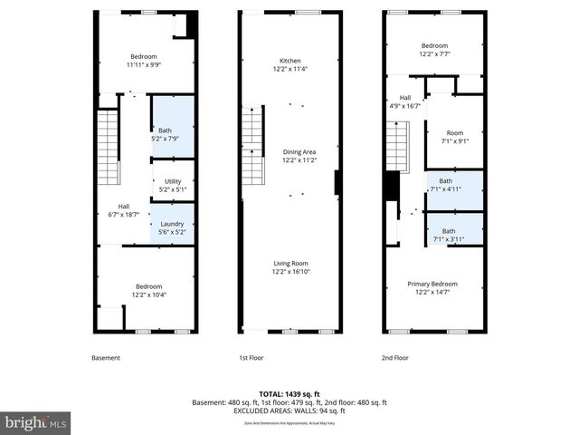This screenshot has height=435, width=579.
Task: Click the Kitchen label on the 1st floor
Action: point(289,64)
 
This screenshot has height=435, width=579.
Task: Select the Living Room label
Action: point(291,267)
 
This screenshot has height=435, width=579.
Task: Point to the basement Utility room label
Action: point(172,186)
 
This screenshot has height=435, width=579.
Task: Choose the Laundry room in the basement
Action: point(172,228)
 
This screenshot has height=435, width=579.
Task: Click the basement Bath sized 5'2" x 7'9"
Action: point(172,134)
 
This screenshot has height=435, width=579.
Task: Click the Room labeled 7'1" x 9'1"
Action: point(453,136)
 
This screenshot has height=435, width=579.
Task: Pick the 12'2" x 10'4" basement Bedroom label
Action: point(148,289)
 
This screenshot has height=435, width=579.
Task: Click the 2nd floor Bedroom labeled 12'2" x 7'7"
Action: point(433,50)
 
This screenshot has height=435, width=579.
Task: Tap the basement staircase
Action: point(108,145)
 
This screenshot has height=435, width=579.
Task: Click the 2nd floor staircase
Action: point(397,145)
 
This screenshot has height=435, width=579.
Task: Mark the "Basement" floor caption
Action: point(106,358)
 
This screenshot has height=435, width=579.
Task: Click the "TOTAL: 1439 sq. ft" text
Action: point(289,393)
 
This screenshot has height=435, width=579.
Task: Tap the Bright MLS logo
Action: point(36,422)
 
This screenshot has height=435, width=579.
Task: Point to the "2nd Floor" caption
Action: point(395,358)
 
